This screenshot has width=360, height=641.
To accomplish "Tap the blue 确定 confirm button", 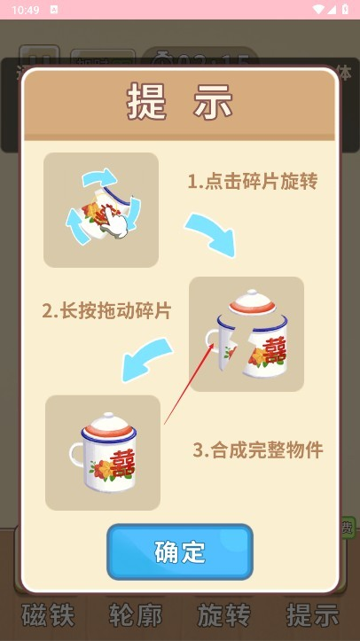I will (180, 551).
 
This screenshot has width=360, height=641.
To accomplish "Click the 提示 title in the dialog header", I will (180, 103).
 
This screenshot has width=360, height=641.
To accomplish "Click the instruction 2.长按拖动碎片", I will (106, 311).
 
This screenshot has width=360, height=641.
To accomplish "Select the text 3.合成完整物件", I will (258, 449).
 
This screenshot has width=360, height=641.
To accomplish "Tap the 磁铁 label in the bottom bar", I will (47, 614).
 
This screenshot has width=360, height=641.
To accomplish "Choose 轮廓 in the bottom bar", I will (135, 614).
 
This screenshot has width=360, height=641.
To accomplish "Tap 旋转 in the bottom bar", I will (223, 614).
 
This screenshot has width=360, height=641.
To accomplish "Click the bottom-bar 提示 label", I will (312, 614).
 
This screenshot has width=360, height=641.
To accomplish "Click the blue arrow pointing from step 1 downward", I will (213, 231).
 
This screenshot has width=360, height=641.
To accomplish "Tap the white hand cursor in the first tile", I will (113, 228).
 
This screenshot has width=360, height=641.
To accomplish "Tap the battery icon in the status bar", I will (343, 10).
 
